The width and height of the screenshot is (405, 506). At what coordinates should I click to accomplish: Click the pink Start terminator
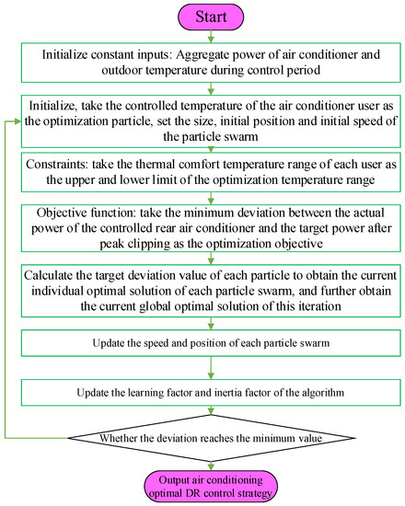click(211, 17)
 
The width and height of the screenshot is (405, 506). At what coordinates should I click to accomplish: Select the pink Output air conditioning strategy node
click(211, 485)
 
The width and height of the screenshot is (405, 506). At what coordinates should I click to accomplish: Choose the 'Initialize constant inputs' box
click(212, 67)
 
